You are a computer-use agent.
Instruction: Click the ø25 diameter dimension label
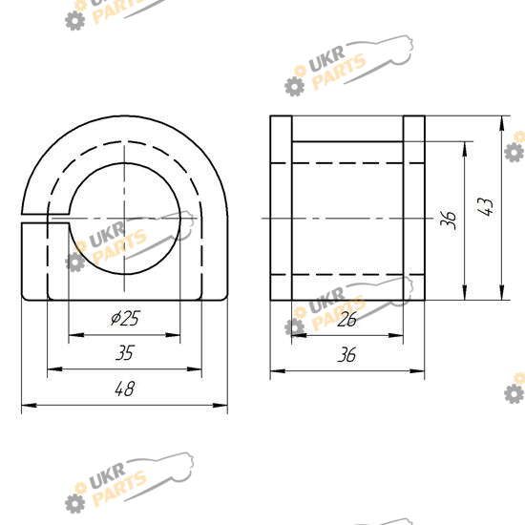click(x=125, y=318)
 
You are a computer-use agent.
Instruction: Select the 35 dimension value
click(x=125, y=353)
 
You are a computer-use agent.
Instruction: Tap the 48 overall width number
click(x=124, y=388)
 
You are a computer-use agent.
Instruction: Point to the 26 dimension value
click(x=347, y=319)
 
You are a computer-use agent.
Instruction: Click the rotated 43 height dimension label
click(x=486, y=206)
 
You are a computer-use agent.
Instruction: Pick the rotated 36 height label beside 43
click(x=449, y=220)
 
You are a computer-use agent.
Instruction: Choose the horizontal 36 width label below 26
click(x=346, y=354)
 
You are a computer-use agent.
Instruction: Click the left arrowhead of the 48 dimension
click(x=29, y=405)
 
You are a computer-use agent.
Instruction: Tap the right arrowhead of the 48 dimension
click(x=220, y=405)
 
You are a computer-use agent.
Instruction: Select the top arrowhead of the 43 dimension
click(x=501, y=123)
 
